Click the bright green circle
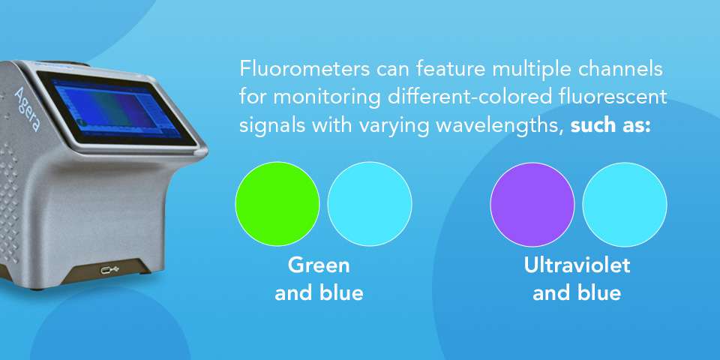[x=277, y=204]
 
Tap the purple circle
[x=532, y=204]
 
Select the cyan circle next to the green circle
[x=370, y=204]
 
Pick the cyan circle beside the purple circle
[x=625, y=204]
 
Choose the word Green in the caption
[x=319, y=266]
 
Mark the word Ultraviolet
[x=577, y=266]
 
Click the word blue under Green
[x=339, y=293]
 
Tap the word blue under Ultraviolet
[x=597, y=293]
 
